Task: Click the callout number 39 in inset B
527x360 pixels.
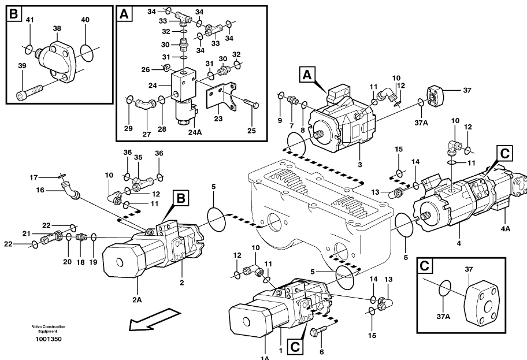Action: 22,67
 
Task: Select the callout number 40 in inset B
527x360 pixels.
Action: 85,20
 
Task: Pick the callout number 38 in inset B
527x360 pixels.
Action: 57,28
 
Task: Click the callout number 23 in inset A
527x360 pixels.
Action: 218,119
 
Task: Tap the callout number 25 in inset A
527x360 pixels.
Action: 251,131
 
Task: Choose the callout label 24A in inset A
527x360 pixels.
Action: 195,131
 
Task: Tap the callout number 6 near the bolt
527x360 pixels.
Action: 321,352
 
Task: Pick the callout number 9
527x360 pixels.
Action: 280,120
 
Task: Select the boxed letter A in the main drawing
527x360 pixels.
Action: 307,73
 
